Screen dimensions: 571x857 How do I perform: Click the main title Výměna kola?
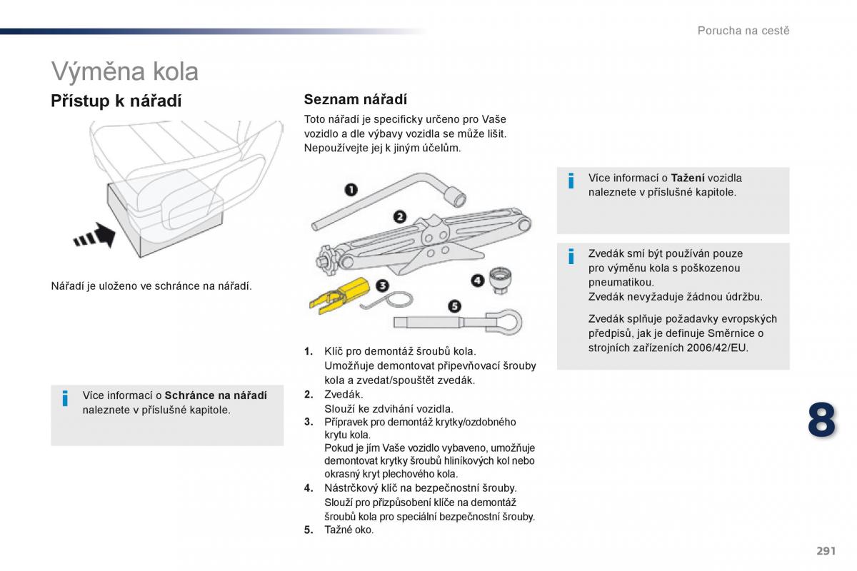pyautogui.click(x=125, y=71)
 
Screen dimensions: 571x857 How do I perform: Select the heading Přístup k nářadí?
pyautogui.click(x=116, y=101)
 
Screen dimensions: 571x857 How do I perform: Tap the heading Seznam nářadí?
pyautogui.click(x=355, y=99)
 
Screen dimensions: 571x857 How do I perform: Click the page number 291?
pyautogui.click(x=825, y=550)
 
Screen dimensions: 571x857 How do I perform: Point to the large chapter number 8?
pyautogui.click(x=821, y=420)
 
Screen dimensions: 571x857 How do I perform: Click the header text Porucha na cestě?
pyautogui.click(x=743, y=31)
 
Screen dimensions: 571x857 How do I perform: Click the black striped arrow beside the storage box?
pyautogui.click(x=94, y=236)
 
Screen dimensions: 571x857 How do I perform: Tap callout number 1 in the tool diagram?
pyautogui.click(x=351, y=189)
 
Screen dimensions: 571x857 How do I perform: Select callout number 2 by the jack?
pyautogui.click(x=400, y=216)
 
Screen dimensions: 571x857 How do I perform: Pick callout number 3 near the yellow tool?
pyautogui.click(x=382, y=285)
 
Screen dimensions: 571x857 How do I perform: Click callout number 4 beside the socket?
pyautogui.click(x=478, y=281)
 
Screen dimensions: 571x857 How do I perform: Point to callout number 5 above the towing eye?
pyautogui.click(x=453, y=306)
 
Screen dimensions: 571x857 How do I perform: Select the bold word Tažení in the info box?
pyautogui.click(x=688, y=178)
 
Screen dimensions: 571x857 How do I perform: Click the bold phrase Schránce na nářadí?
pyautogui.click(x=216, y=395)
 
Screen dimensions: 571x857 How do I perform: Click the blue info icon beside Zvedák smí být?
pyautogui.click(x=571, y=256)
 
